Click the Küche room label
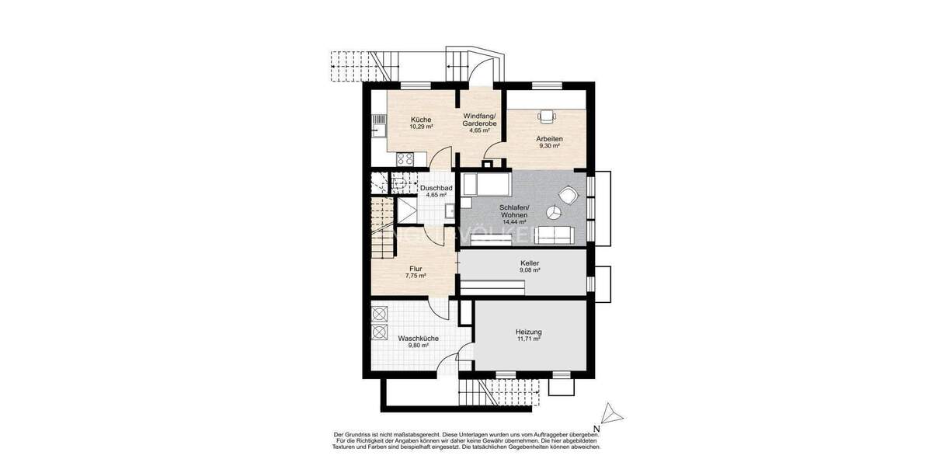tap(422, 119)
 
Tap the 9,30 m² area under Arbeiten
tap(549, 145)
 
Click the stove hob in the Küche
tap(405, 158)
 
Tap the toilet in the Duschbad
tap(450, 210)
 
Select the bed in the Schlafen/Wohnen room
tap(485, 186)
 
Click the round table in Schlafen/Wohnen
tap(554, 211)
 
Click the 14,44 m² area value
tap(514, 222)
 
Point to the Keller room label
tap(530, 263)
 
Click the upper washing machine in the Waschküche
tap(380, 314)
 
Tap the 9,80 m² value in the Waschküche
tap(418, 346)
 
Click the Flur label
tap(416, 268)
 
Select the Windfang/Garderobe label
tap(479, 119)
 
